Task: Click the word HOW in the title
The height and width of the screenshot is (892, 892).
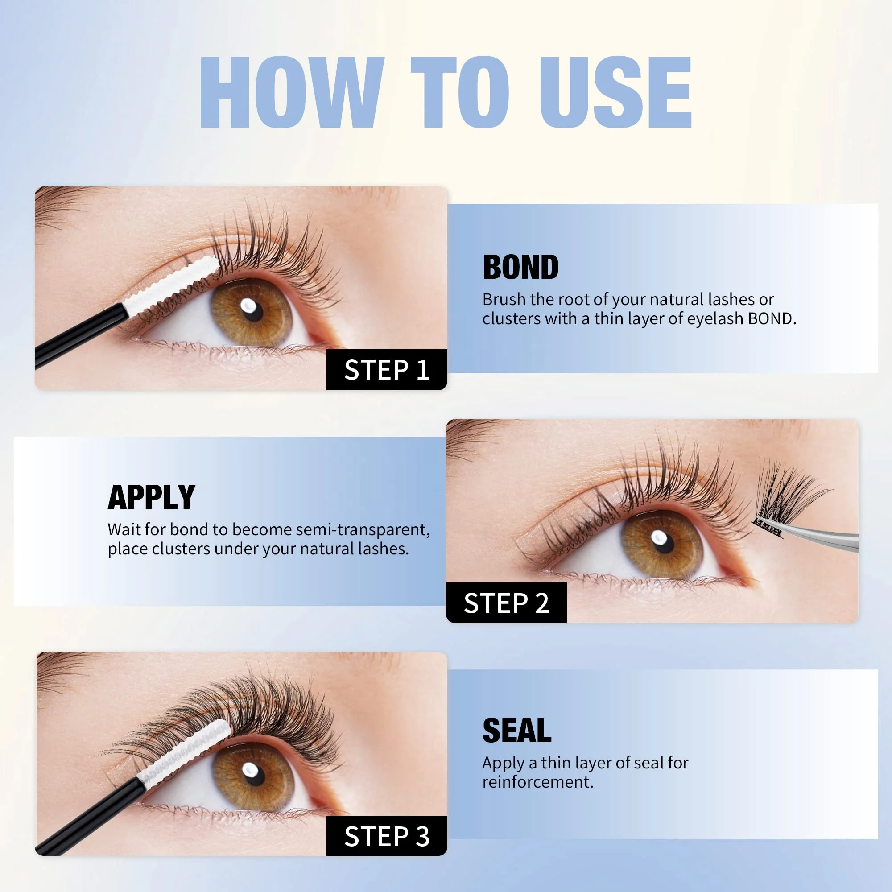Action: (x=292, y=92)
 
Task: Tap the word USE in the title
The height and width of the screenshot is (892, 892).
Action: (x=615, y=92)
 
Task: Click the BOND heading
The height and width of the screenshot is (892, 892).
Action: (x=520, y=267)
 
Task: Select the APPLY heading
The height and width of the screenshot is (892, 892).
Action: (x=152, y=497)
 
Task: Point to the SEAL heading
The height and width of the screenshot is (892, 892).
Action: (x=516, y=731)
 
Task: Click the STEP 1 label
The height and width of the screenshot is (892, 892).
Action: (x=387, y=370)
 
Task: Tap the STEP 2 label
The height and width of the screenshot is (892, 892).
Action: (x=506, y=603)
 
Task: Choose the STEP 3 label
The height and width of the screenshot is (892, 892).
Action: (x=387, y=836)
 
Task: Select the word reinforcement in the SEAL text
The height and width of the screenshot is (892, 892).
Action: (x=537, y=782)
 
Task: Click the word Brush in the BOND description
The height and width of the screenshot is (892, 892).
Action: (x=504, y=300)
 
